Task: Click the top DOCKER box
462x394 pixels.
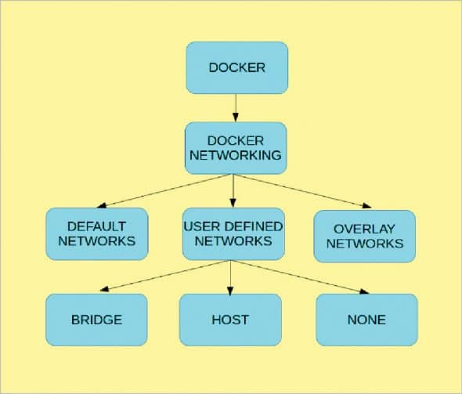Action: pyautogui.click(x=236, y=67)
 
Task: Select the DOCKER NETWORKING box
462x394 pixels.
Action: pyautogui.click(x=234, y=146)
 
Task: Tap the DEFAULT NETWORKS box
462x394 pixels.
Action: pyautogui.click(x=96, y=233)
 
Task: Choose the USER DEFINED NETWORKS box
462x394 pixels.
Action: pyautogui.click(x=233, y=233)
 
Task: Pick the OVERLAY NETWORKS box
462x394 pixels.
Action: pyautogui.click(x=364, y=235)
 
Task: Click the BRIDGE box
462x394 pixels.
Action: pyautogui.click(x=96, y=320)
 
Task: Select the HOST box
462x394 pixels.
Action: pyautogui.click(x=230, y=320)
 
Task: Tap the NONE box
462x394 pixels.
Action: pyautogui.click(x=366, y=320)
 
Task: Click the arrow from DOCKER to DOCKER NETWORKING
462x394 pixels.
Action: pyautogui.click(x=236, y=107)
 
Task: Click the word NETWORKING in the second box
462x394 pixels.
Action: pyautogui.click(x=234, y=155)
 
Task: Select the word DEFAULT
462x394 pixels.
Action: pyautogui.click(x=96, y=226)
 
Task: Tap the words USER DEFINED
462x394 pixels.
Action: pyautogui.click(x=233, y=226)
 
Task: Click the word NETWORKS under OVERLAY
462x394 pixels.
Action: pyautogui.click(x=365, y=243)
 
